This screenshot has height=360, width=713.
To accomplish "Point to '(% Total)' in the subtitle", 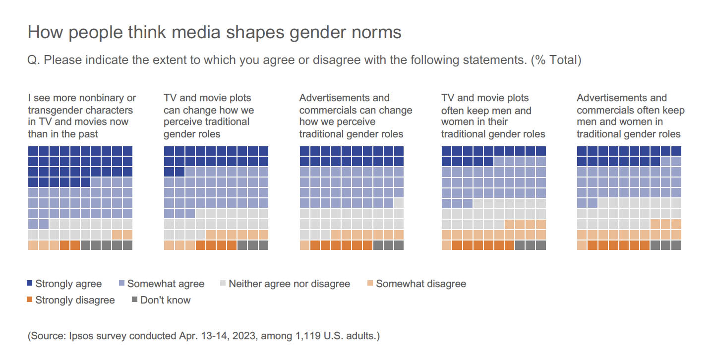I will click(x=556, y=60).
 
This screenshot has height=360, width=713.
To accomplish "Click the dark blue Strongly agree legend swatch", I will click(x=30, y=284).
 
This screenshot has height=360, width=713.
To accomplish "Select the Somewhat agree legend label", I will click(x=166, y=284).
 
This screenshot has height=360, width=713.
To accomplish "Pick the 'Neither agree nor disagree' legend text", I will click(x=289, y=284).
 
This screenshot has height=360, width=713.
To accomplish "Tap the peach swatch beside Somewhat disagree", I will click(x=370, y=284).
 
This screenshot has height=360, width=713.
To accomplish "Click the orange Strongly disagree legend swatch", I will click(x=30, y=300).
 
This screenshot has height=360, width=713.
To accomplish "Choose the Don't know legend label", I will click(x=165, y=300).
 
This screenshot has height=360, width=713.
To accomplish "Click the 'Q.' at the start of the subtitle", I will click(x=34, y=60).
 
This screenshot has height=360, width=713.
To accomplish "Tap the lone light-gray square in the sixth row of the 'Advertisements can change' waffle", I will click(x=399, y=203).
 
